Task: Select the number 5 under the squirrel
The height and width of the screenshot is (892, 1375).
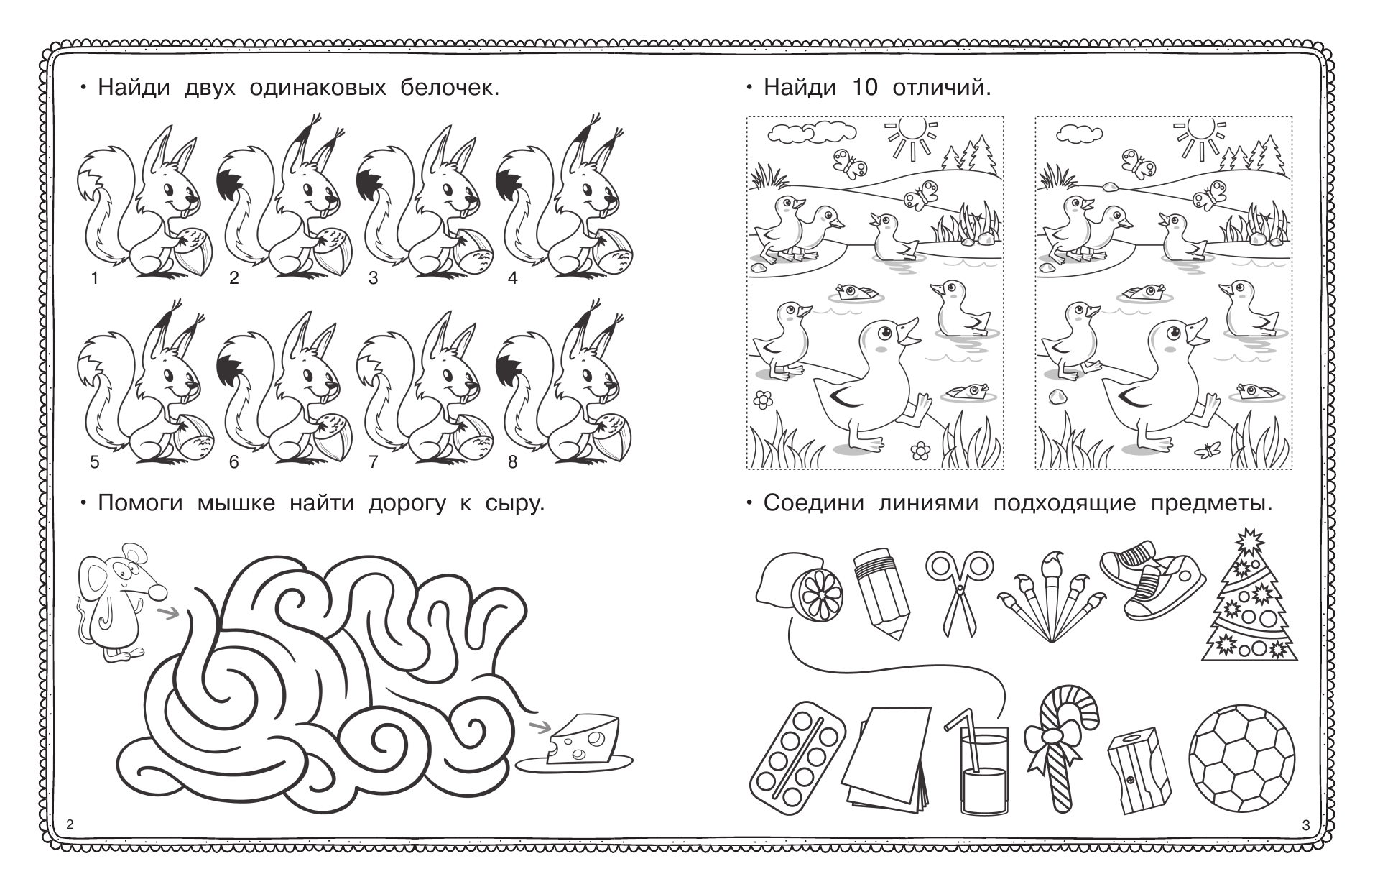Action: pos(94,462)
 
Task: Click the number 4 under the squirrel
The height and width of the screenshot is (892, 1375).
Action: pos(512,277)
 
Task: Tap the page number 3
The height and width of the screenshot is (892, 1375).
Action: pos(1305,825)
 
